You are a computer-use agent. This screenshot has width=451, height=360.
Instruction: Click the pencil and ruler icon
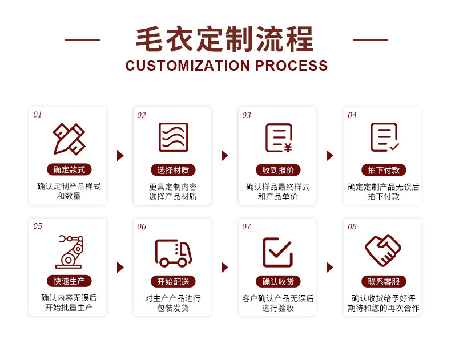tap(69, 139)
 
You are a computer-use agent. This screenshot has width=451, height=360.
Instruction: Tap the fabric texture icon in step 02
tap(173, 137)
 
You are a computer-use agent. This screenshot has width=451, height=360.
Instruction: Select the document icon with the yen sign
tap(279, 137)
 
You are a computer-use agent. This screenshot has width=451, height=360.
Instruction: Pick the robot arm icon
tap(70, 252)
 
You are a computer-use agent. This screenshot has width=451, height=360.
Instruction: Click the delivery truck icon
tap(173, 253)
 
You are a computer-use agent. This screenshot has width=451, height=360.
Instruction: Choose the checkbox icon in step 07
tap(277, 252)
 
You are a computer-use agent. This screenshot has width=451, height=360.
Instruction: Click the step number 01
tap(37, 115)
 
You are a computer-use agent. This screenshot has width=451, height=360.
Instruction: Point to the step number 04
tap(352, 115)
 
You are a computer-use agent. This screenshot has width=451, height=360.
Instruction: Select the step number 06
tap(142, 226)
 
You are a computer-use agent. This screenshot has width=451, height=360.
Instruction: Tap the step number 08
tap(352, 226)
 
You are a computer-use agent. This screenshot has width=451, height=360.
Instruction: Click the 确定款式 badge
tap(69, 169)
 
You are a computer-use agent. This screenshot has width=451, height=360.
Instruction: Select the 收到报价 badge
tap(278, 170)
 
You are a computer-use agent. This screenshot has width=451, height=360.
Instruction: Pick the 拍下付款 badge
tap(384, 170)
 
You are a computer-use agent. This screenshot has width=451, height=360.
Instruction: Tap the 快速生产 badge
tap(69, 281)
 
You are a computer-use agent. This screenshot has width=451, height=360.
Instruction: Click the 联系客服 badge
tap(384, 281)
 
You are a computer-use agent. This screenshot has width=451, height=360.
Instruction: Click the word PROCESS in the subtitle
tap(291, 66)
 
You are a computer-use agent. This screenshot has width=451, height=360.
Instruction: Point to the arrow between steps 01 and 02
tap(120, 156)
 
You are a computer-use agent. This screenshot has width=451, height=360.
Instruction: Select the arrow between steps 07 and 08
tap(330, 268)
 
